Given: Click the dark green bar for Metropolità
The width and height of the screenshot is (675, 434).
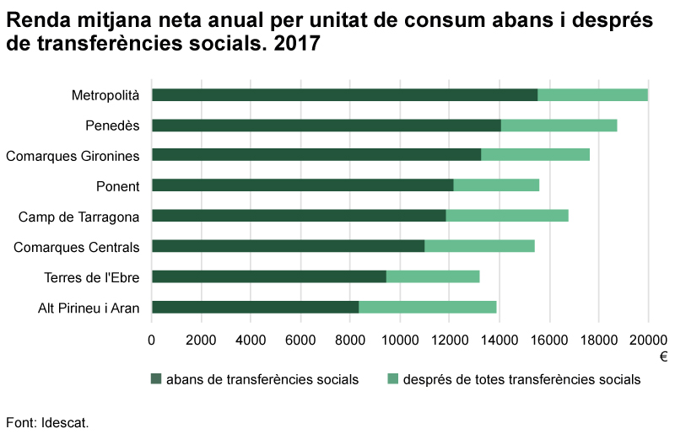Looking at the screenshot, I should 344,95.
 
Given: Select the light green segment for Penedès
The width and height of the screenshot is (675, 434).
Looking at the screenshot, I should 559,126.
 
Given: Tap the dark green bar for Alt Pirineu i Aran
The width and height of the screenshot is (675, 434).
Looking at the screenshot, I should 255,308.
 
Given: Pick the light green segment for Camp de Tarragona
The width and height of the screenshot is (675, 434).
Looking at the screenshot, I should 507,216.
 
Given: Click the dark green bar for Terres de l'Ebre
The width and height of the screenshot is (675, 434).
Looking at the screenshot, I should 268,276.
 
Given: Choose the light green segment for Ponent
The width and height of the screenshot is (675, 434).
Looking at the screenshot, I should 496,185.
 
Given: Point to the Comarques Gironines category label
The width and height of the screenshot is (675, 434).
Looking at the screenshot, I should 73,156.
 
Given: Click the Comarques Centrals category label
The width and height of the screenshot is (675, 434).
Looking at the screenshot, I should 77,247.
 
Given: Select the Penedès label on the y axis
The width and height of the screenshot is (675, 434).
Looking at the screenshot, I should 112,126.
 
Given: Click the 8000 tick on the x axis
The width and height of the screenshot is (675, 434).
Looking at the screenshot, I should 350,340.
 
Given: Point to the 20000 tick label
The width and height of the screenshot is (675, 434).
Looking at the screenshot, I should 648,340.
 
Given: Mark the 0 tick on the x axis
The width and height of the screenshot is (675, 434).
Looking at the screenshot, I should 152,340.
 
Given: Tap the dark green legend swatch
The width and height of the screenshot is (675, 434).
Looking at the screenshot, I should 156,379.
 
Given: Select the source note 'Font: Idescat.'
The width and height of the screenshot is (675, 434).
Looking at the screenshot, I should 47,421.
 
